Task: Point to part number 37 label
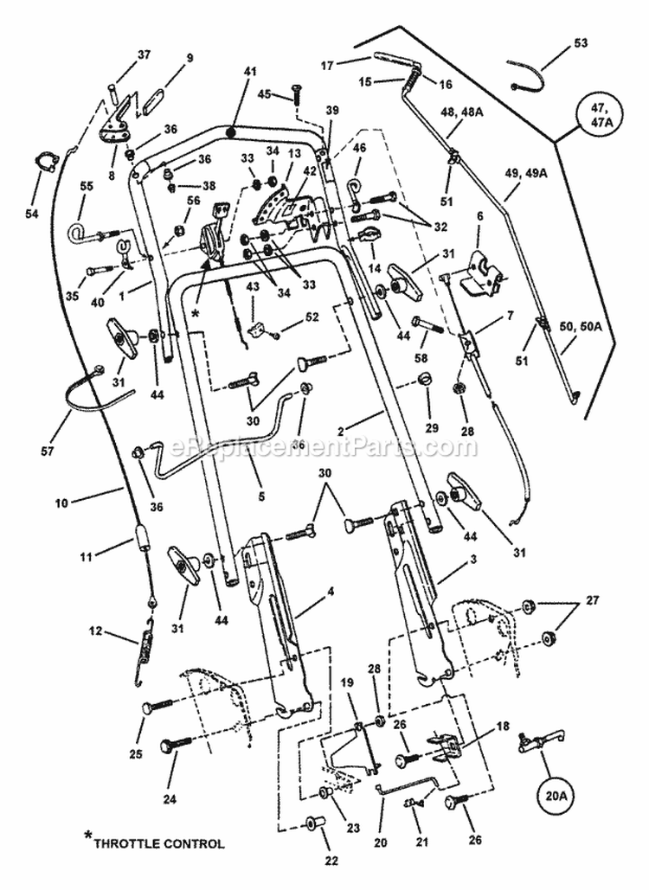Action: tap(143, 55)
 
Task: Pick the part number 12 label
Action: tap(95, 631)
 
